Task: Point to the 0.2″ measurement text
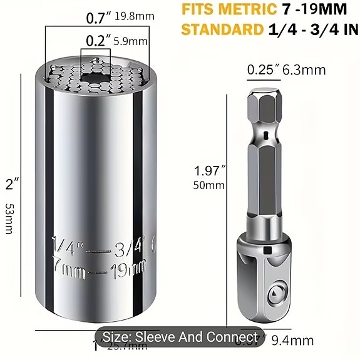pyautogui.click(x=99, y=41)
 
